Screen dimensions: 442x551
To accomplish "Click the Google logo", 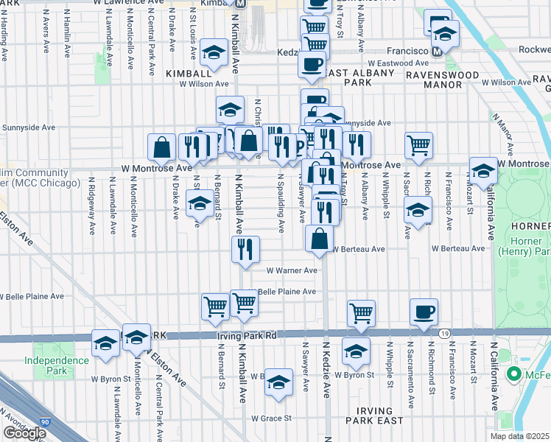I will [24, 433].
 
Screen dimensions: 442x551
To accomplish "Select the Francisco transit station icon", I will [437, 52].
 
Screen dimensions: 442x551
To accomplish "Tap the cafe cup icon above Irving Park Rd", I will [424, 311].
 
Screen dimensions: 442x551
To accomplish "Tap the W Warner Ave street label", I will [291, 270].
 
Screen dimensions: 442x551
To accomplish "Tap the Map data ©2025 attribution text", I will [520, 436].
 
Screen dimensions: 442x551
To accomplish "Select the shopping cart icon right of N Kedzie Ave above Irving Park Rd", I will [361, 312].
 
